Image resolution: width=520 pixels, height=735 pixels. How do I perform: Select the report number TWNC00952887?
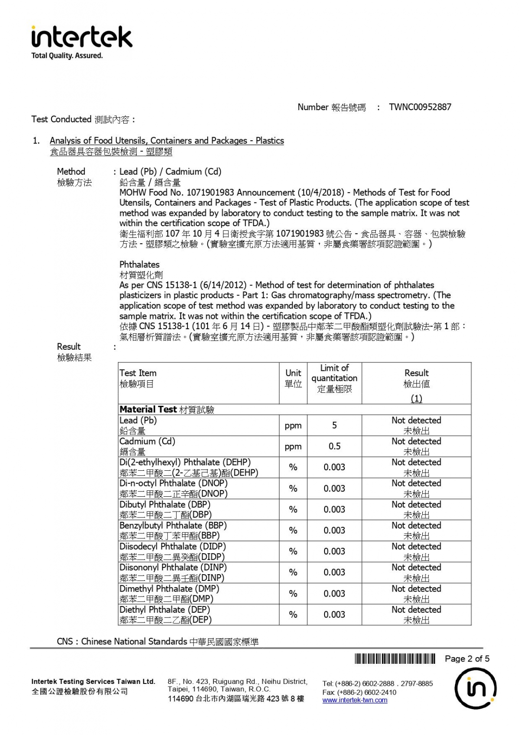pyautogui.click(x=420, y=107)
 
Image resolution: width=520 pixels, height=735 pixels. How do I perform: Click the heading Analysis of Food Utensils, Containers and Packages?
pyautogui.click(x=167, y=141)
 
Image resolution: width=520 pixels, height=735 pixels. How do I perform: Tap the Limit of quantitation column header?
pyautogui.click(x=334, y=378)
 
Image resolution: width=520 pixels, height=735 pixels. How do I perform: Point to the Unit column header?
pyautogui.click(x=293, y=378)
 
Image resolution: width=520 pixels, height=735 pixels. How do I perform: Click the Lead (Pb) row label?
pyautogui.click(x=138, y=421)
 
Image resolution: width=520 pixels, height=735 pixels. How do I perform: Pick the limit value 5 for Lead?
pyautogui.click(x=334, y=425)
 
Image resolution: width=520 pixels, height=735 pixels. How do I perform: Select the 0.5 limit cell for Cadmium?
pyautogui.click(x=334, y=446)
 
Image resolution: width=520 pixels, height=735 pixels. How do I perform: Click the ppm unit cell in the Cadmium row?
pyautogui.click(x=293, y=446)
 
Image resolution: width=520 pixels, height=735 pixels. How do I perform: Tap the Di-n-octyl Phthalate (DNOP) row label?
pyautogui.click(x=173, y=484)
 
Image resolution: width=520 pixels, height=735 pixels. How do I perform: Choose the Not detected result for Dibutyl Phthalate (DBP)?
pyautogui.click(x=416, y=505)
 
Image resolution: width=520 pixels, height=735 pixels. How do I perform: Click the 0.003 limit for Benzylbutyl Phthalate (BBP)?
pyautogui.click(x=334, y=530)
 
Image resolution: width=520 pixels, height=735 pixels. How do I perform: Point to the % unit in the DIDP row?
pyautogui.click(x=293, y=551)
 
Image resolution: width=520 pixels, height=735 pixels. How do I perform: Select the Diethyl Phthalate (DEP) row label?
pyautogui.click(x=165, y=610)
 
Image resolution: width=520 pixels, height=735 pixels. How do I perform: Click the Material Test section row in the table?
pyautogui.click(x=167, y=409)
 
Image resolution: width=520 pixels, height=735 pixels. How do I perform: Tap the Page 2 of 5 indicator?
pyautogui.click(x=467, y=658)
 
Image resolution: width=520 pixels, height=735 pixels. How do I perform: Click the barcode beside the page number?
pyautogui.click(x=395, y=658)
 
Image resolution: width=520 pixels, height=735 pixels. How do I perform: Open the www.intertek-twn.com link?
pyautogui.click(x=355, y=700)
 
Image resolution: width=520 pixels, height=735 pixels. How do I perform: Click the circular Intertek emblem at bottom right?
pyautogui.click(x=475, y=688)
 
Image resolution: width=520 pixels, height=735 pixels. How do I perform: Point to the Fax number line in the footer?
pyautogui.click(x=359, y=692)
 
